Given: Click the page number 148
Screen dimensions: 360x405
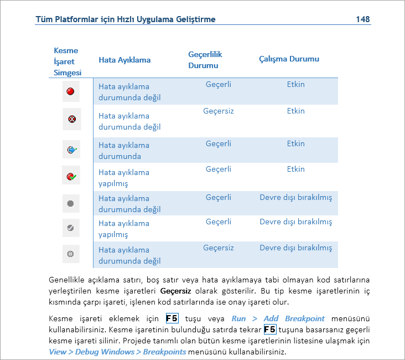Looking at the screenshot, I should [x=363, y=19].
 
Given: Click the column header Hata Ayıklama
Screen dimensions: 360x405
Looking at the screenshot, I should [x=124, y=60].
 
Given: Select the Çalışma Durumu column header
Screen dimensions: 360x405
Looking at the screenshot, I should [x=289, y=59].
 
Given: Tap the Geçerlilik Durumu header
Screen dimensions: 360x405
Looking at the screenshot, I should [x=205, y=60].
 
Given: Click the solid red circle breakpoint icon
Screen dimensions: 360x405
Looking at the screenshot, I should [x=71, y=91].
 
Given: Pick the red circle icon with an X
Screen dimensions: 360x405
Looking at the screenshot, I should [x=71, y=119].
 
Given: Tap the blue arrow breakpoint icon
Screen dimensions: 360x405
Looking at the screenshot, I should [x=71, y=150].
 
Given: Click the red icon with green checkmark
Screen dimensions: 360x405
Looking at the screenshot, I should [x=71, y=177].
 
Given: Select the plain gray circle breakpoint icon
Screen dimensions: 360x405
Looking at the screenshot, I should [x=70, y=203].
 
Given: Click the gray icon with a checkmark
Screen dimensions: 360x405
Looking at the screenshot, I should [x=70, y=228].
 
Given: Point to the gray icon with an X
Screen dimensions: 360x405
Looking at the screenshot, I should [x=70, y=254].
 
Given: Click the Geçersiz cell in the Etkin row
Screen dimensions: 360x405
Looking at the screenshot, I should [x=219, y=111].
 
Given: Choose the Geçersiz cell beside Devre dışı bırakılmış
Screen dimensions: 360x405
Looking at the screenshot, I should [x=219, y=248].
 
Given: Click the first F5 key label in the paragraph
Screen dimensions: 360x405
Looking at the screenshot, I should [x=172, y=318].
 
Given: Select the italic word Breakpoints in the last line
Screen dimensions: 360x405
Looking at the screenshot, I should [x=164, y=352].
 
